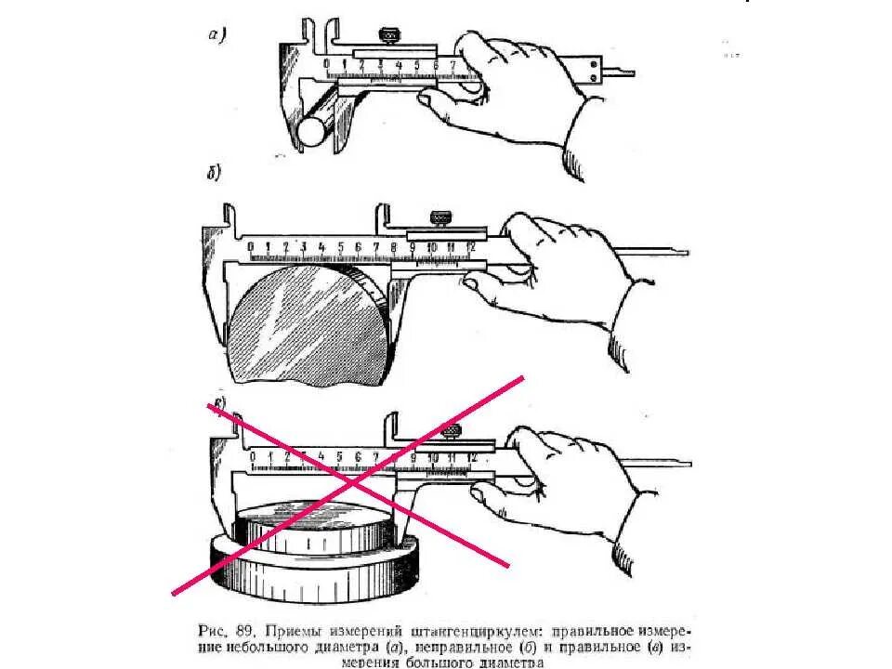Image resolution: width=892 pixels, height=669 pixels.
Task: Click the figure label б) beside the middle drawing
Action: click(x=212, y=173)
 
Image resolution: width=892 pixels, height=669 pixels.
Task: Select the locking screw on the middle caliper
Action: click(x=437, y=219)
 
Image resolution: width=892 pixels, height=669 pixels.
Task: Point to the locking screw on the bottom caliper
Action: click(x=453, y=431)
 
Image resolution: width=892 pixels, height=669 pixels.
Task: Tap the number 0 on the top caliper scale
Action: click(x=327, y=65)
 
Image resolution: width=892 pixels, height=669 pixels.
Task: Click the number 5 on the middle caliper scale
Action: click(x=340, y=248)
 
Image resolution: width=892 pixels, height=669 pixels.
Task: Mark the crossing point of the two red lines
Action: click(x=352, y=483)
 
